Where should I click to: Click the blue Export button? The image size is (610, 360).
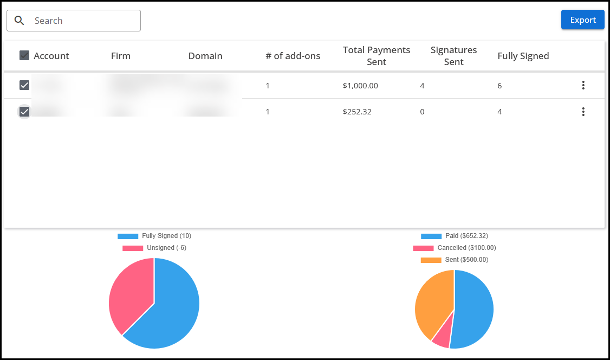[582, 20]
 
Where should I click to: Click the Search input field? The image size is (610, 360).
[81, 21]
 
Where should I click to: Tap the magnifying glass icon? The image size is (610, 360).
[20, 21]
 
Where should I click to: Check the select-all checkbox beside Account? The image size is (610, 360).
[24, 55]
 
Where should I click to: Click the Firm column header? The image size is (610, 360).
[120, 56]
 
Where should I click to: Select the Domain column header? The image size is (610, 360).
[205, 56]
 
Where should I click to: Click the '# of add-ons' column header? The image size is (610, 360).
[293, 56]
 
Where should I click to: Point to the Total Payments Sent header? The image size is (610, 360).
[377, 56]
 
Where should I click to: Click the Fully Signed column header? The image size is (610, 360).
[523, 56]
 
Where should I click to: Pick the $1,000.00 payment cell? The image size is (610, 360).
[360, 86]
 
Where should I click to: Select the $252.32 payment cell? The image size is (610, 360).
[357, 112]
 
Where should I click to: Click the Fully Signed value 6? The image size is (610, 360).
[499, 86]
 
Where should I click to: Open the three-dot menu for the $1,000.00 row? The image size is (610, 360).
[583, 85]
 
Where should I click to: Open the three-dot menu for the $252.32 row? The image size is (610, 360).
[583, 112]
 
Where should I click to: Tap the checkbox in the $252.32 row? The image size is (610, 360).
[24, 112]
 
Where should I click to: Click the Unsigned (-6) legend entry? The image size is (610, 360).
[154, 248]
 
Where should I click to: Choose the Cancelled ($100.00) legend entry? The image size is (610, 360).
[455, 248]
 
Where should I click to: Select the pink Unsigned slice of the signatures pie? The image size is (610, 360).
[130, 293]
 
